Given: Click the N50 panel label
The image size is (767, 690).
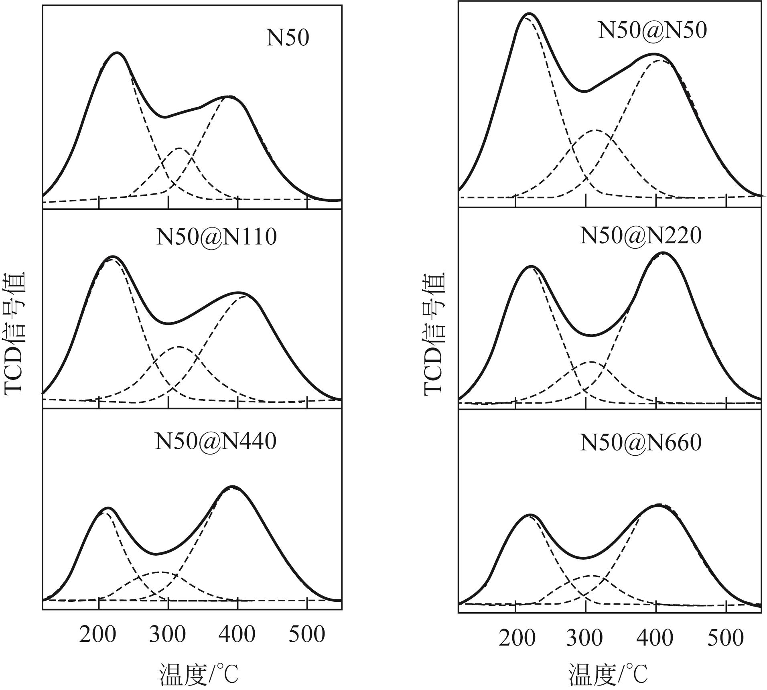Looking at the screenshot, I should click(x=288, y=38).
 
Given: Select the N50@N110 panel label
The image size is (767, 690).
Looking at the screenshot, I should click(x=216, y=237).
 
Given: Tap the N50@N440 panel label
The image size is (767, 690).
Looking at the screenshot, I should click(x=215, y=441).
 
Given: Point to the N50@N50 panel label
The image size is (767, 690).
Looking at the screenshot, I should click(x=652, y=30).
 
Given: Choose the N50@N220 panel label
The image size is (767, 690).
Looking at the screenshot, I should click(x=641, y=235).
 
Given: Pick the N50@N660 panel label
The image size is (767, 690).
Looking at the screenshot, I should click(x=641, y=442).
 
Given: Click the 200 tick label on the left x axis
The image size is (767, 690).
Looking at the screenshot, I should click(x=97, y=635).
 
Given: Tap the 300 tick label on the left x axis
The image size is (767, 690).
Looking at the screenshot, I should click(x=167, y=635).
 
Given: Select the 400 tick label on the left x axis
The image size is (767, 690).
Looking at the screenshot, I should click(x=237, y=635).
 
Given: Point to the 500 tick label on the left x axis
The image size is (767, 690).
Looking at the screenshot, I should click(x=307, y=635).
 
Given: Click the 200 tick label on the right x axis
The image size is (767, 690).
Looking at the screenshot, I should click(x=517, y=637).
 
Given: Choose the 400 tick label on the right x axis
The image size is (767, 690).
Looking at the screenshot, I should click(x=655, y=637).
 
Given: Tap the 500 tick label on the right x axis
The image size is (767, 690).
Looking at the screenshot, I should click(x=725, y=637).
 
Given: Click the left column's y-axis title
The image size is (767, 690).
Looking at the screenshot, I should click(x=15, y=334).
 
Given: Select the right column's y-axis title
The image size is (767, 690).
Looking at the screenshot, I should click(x=434, y=334).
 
